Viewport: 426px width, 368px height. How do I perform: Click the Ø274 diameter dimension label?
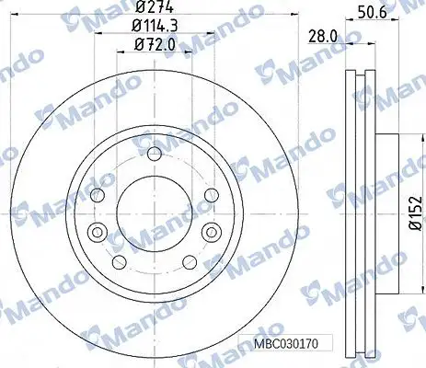(x=155, y=6)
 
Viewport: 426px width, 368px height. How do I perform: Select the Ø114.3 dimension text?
(x=155, y=26)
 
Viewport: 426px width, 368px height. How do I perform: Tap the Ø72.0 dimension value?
(x=155, y=45)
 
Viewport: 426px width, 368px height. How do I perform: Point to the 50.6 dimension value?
(x=372, y=13)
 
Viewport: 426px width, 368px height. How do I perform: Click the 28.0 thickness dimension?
(x=323, y=37)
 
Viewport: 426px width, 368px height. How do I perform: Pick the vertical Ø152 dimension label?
(x=416, y=213)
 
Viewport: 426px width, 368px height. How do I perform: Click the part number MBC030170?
(x=286, y=343)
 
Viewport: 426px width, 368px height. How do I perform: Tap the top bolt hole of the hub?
(x=155, y=154)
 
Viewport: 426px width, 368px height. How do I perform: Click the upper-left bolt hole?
(x=98, y=195)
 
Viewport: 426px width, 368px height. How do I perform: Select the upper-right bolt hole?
(x=212, y=195)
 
